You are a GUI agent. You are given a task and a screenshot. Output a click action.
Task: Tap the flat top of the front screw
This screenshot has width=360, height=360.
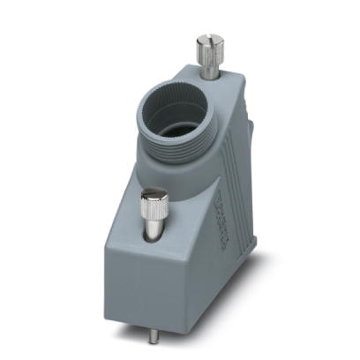pos(155,193)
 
